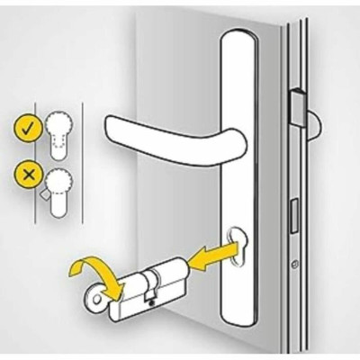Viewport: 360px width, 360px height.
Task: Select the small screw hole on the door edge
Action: pyautogui.click(x=293, y=265)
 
